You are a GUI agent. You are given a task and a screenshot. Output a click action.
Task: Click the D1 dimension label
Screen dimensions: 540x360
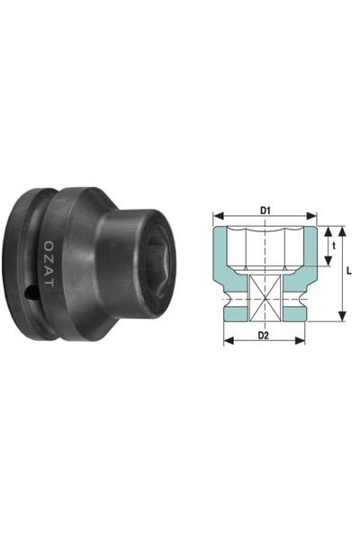click(265, 210)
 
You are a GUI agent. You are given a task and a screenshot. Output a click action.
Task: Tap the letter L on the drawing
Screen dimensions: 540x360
click(348, 270)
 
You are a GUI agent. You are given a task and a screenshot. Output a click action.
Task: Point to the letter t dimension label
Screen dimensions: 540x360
click(335, 245)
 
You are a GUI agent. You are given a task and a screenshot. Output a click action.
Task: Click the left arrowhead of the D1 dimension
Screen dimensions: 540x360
click(217, 217)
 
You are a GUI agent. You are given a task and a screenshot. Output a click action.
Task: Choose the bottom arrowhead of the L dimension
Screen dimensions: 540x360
click(342, 317)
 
